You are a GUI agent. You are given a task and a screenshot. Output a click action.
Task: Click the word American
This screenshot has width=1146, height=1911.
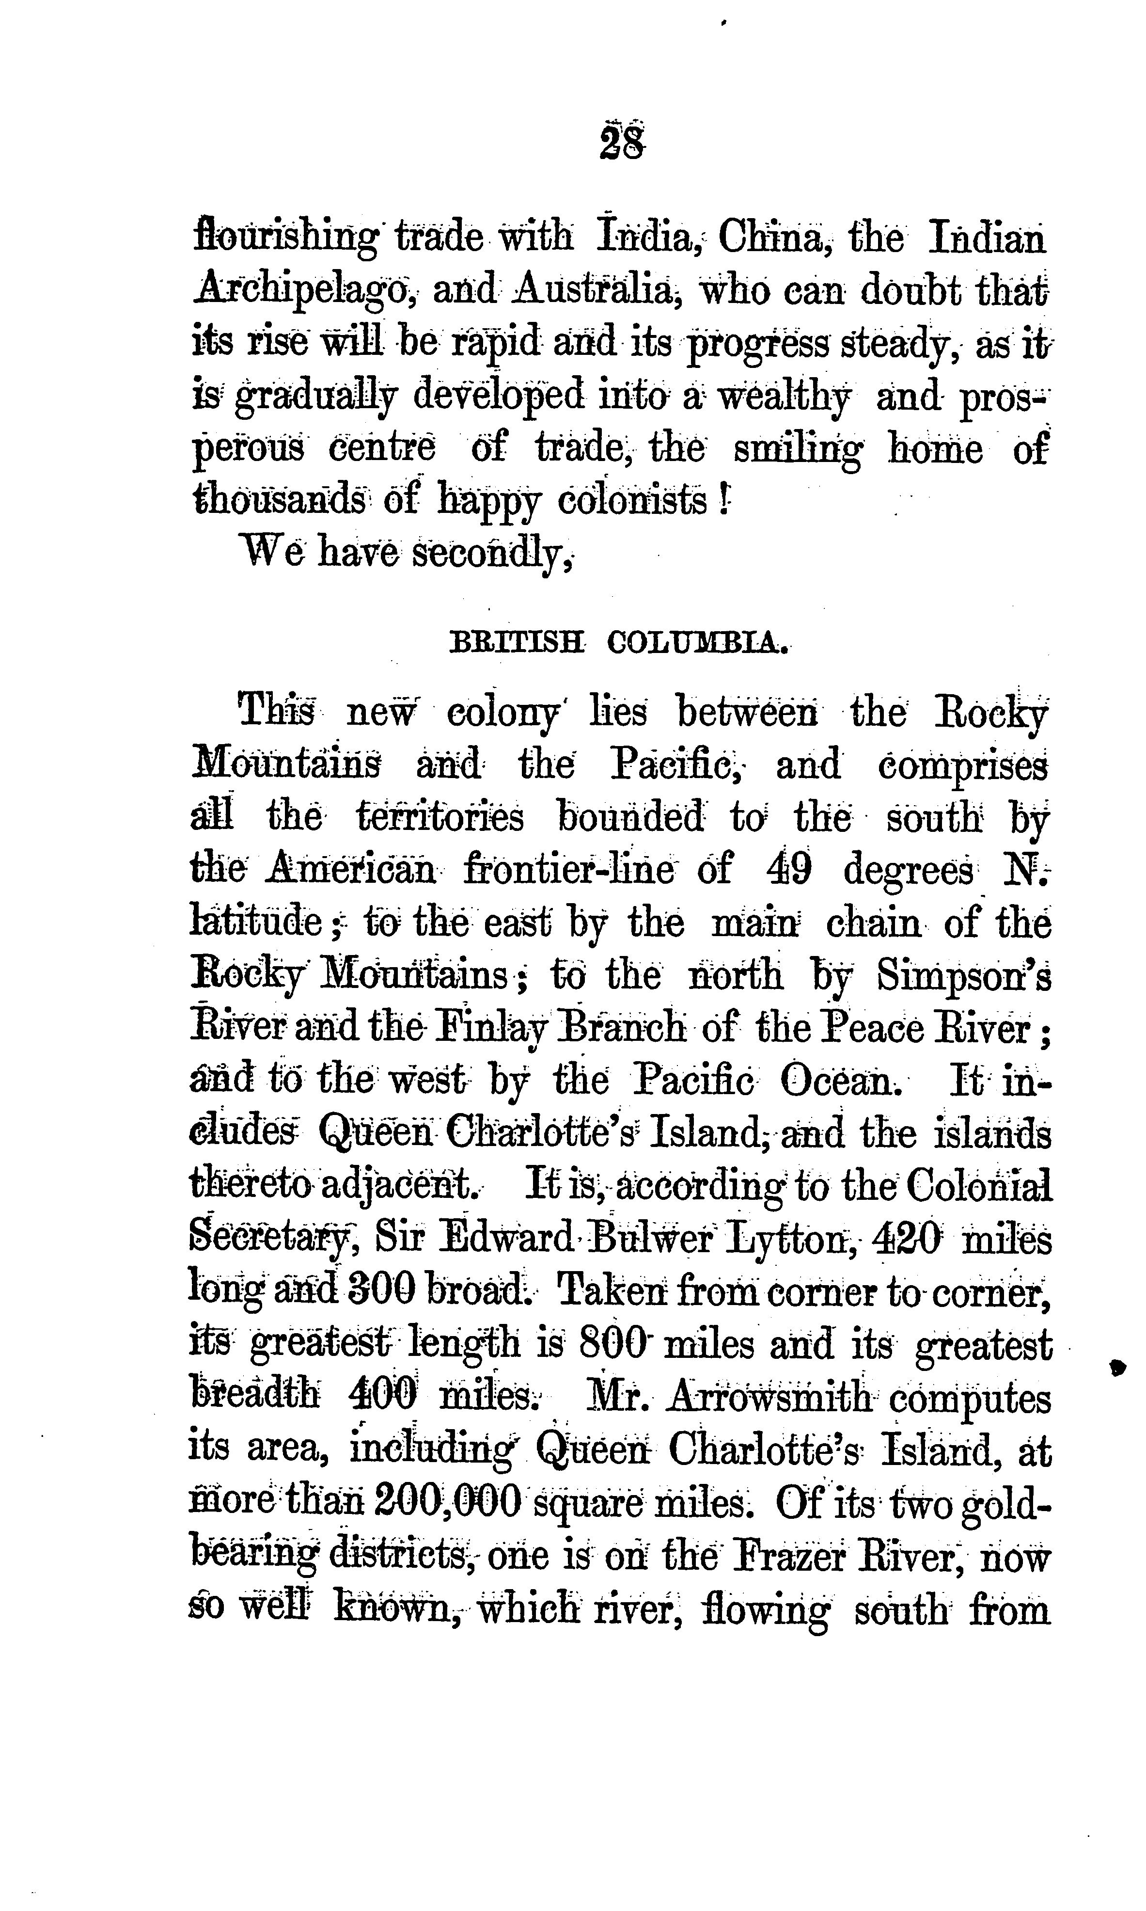point(351,871)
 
